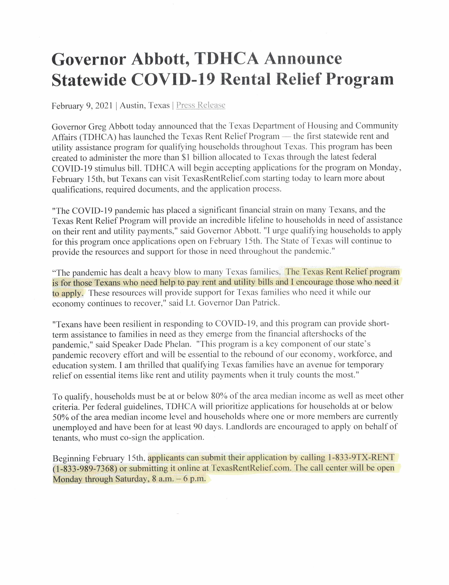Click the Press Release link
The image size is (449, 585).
pyautogui.click(x=201, y=105)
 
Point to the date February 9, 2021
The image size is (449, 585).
pyautogui.click(x=82, y=106)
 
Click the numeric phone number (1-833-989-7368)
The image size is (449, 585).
pyautogui.click(x=85, y=469)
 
